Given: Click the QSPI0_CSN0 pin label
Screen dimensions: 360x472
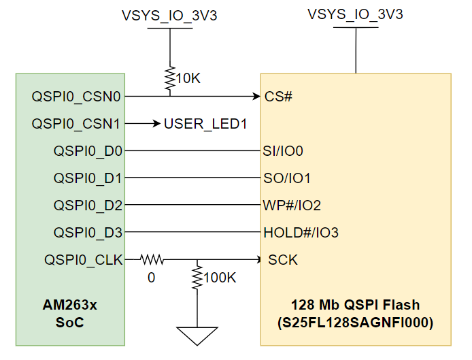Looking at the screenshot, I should tap(76, 97).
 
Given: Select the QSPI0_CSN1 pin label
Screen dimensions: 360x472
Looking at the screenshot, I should tap(76, 124).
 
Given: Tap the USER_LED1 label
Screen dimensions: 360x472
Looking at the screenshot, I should tap(205, 124).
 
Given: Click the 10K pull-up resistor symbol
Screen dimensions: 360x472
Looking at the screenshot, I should tap(169, 80).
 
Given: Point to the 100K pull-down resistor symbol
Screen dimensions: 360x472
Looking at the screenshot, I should tap(197, 277).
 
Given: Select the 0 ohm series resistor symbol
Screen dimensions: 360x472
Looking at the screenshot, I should tap(152, 259).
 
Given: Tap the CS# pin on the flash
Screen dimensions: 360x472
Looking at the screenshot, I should tap(278, 97).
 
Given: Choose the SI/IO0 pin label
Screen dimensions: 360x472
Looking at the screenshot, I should tap(283, 151).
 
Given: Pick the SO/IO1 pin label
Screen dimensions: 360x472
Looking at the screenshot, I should tap(286, 178).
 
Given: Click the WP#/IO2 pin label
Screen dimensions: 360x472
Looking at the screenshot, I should tap(292, 206).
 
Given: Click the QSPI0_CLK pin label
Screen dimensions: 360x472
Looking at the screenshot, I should tap(83, 260).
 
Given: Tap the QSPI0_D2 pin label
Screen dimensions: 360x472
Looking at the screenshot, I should tap(88, 206).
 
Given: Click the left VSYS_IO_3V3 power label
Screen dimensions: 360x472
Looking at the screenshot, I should tap(169, 15).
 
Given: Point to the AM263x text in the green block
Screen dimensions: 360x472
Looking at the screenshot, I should tap(70, 305).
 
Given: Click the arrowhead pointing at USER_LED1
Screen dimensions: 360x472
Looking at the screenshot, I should tap(155, 124).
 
